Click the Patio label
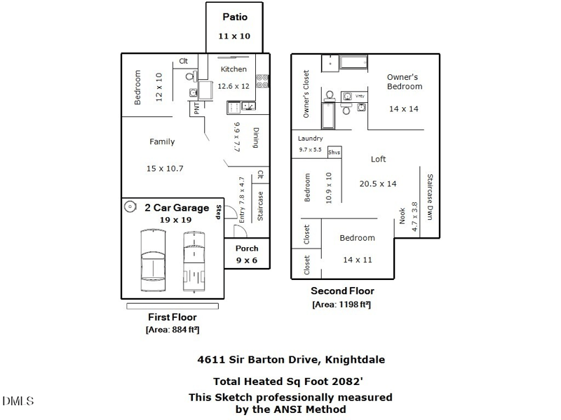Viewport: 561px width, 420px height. point(234,17)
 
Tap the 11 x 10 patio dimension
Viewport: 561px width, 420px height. point(234,36)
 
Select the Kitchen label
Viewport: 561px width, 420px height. point(234,69)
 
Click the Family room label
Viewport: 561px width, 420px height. point(162,141)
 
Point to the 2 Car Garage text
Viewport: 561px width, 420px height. point(177,208)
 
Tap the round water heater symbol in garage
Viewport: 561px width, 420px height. point(130,206)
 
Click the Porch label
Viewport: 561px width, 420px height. point(246,248)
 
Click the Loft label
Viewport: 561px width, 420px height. point(378,160)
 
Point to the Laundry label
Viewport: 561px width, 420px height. point(310,139)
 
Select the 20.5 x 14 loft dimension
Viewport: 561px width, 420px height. point(378,184)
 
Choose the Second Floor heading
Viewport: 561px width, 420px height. point(342,291)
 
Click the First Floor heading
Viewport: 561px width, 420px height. point(173,317)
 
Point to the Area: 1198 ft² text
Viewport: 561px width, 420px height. point(342,304)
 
